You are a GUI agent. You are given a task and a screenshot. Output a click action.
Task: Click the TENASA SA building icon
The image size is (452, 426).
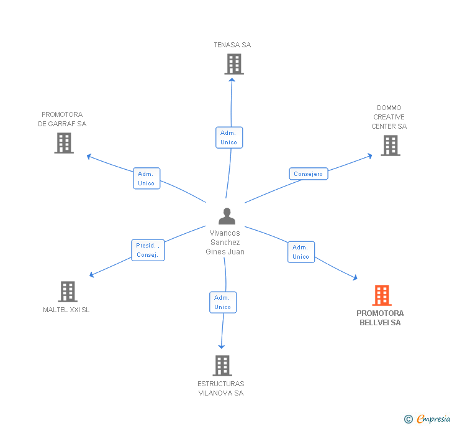pyautogui.click(x=233, y=64)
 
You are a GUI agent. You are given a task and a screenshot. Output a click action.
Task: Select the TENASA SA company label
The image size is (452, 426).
pyautogui.click(x=232, y=45)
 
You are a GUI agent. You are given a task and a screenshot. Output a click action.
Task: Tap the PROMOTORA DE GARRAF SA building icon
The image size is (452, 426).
pyautogui.click(x=63, y=143)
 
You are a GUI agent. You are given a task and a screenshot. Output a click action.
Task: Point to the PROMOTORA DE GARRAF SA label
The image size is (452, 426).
pyautogui.click(x=62, y=119)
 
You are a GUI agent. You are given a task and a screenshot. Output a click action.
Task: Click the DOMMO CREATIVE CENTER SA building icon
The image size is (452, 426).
pyautogui.click(x=390, y=146)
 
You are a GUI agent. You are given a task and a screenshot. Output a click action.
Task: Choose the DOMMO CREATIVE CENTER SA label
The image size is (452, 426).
pyautogui.click(x=389, y=117)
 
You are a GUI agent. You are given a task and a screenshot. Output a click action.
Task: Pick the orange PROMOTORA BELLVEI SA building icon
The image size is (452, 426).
pyautogui.click(x=381, y=295)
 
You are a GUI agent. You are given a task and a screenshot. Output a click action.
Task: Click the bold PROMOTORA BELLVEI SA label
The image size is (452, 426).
pyautogui.click(x=380, y=318)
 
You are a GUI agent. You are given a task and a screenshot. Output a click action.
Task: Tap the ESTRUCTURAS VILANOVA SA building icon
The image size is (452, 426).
pyautogui.click(x=222, y=366)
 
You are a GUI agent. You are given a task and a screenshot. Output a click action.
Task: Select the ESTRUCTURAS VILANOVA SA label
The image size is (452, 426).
pyautogui.click(x=221, y=388)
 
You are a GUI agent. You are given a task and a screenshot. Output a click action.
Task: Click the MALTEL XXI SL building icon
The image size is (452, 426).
pyautogui.click(x=68, y=291)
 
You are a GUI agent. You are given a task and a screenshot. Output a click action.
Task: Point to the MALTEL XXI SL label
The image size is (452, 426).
pyautogui.click(x=66, y=310)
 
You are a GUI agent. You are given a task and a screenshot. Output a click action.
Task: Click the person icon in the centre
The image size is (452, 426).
pyautogui.click(x=227, y=216)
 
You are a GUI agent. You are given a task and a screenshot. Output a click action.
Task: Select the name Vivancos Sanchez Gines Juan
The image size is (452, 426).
pyautogui.click(x=225, y=243)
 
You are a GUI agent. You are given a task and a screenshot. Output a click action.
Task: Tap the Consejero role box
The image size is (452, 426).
pyautogui.click(x=308, y=174)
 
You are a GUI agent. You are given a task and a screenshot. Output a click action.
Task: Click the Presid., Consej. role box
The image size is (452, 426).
pyautogui.click(x=148, y=250)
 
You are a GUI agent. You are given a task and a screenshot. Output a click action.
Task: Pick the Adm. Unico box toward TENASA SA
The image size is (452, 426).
pyautogui.click(x=228, y=137)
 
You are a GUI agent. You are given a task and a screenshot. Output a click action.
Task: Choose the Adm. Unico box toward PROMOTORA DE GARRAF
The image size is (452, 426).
pyautogui.click(x=146, y=178)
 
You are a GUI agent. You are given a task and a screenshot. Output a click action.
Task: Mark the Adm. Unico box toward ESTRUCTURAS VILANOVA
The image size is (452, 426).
pyautogui.click(x=222, y=302)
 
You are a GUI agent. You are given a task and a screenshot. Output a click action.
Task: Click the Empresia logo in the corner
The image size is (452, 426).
pyautogui.click(x=428, y=419)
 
